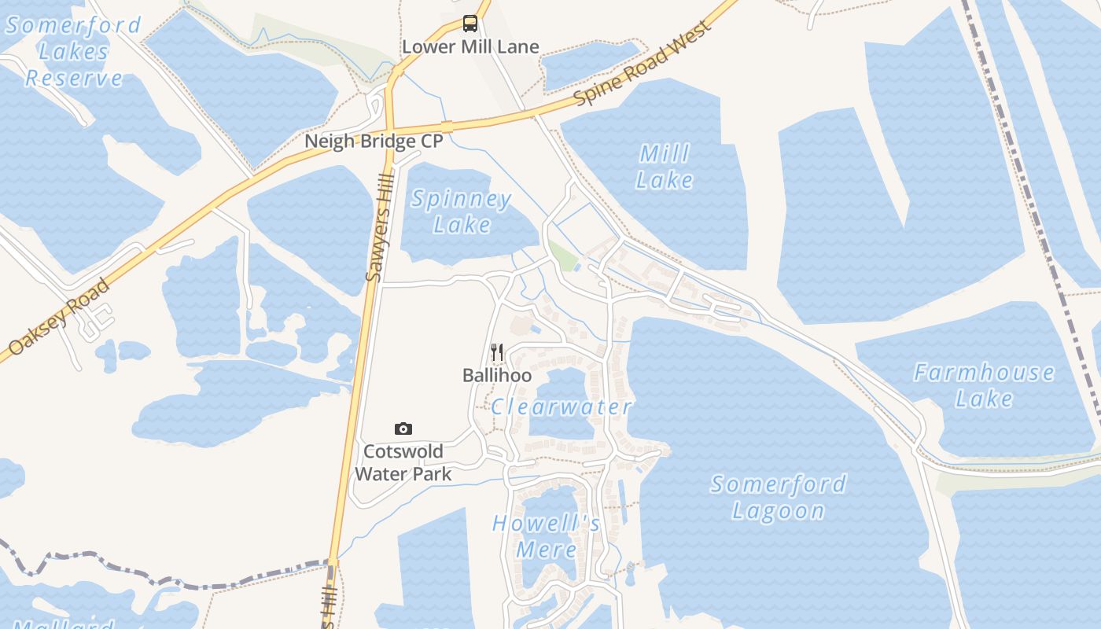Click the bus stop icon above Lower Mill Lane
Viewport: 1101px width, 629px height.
tap(470, 24)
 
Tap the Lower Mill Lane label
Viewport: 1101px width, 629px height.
tap(470, 47)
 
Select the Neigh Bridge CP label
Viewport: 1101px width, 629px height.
tap(374, 142)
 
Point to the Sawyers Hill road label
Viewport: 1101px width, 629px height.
tap(379, 228)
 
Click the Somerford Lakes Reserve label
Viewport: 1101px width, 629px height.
tap(73, 52)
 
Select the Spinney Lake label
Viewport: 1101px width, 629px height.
tap(462, 212)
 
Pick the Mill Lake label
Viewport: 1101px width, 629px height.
tap(665, 166)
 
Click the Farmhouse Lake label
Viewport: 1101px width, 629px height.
tap(984, 384)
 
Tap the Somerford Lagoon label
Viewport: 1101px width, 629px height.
tap(779, 497)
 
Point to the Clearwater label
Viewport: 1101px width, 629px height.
tap(562, 407)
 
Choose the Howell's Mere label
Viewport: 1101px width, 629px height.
tap(547, 535)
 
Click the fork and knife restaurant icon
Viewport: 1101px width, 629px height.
tap(497, 351)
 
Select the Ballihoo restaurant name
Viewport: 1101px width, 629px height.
tap(497, 376)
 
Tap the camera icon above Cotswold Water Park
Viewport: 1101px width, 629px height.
tap(403, 429)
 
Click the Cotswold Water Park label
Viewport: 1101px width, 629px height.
tap(403, 462)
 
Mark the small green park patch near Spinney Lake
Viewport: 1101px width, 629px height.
tap(563, 256)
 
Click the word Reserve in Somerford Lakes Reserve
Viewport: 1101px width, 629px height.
tap(75, 79)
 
